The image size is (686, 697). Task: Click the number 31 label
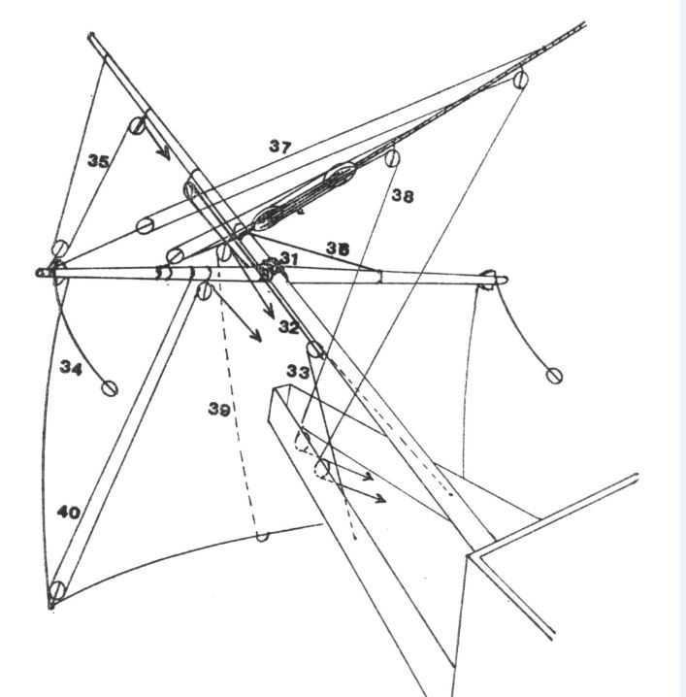[290, 258]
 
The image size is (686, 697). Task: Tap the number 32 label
[289, 327]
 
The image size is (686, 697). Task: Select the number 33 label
[298, 371]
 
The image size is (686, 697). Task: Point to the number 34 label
[71, 367]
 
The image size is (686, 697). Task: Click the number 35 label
[98, 160]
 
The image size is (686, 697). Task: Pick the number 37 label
[280, 146]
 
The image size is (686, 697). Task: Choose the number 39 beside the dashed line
[219, 409]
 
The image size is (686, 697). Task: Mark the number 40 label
[69, 513]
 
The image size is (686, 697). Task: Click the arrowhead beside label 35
[164, 153]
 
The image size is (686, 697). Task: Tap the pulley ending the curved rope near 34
[110, 388]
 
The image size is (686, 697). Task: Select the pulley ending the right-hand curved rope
[554, 376]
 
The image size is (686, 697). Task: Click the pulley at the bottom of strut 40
[57, 590]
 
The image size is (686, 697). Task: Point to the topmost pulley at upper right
[521, 80]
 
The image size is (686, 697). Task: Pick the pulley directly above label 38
[392, 158]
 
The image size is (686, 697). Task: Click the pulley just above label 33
[314, 349]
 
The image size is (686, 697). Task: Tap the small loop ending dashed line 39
[262, 537]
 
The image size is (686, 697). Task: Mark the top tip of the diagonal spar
[91, 35]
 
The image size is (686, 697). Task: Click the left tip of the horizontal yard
[38, 273]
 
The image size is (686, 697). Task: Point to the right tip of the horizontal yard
[506, 280]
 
